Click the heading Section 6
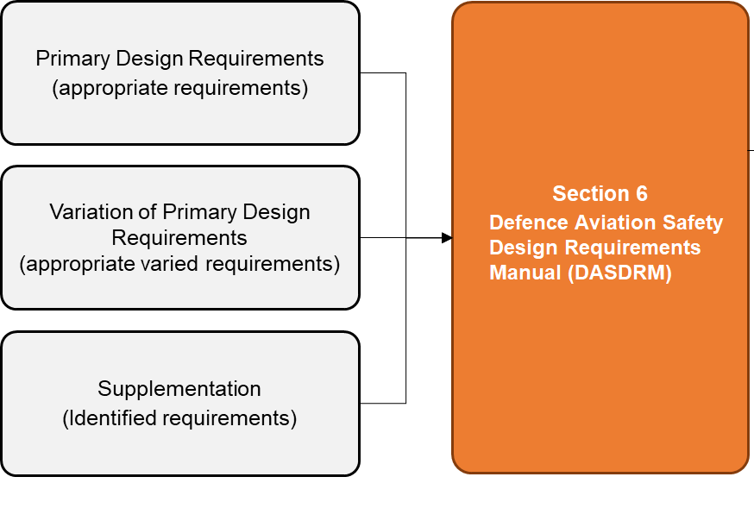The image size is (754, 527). tap(600, 193)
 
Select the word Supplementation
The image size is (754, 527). tap(179, 388)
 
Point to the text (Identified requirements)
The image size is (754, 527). tap(179, 418)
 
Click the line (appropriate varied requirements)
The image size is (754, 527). tap(179, 263)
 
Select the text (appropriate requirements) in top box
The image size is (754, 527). tap(179, 88)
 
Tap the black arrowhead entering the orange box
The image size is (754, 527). tap(446, 237)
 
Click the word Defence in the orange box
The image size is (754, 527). tap(526, 223)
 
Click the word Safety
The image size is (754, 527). tap(694, 223)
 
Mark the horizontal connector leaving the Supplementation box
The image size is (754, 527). tap(382, 403)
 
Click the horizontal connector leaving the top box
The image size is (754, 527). tap(382, 73)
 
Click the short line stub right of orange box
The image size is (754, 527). tap(751, 150)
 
